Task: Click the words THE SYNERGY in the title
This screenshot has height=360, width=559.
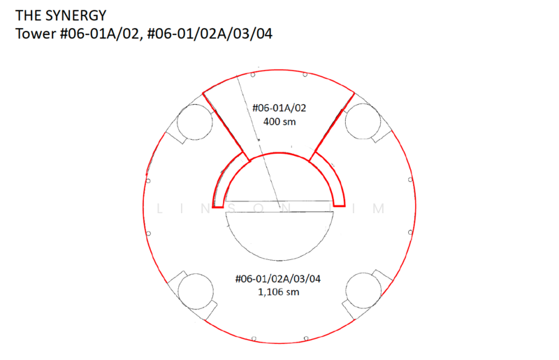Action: tap(61, 15)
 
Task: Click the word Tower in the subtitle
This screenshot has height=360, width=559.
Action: tap(36, 34)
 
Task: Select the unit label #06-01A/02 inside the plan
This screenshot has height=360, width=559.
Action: tap(279, 108)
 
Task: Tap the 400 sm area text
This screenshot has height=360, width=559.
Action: tap(279, 122)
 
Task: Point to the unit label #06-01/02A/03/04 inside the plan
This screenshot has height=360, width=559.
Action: tap(278, 279)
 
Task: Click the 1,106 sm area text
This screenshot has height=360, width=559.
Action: tap(278, 292)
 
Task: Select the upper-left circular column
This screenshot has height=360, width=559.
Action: tap(195, 122)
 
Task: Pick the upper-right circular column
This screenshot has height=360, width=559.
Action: tap(363, 122)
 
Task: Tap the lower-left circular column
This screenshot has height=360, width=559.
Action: tap(196, 291)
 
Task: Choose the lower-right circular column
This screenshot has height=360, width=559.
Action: tap(363, 291)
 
